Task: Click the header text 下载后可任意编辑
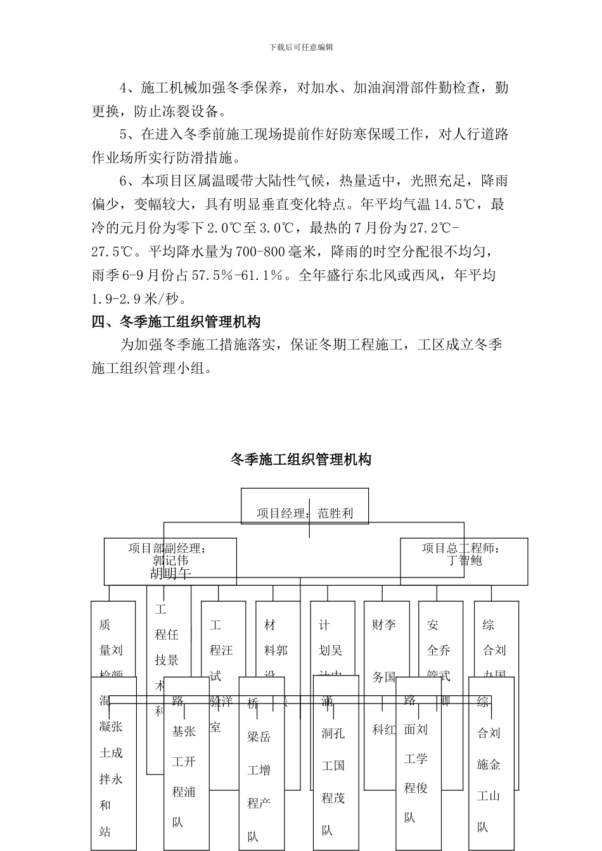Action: (x=301, y=47)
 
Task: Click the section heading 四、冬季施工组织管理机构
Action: (x=176, y=322)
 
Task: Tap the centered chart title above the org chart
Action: (x=301, y=460)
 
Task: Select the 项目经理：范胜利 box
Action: (x=305, y=506)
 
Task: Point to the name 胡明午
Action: (x=170, y=574)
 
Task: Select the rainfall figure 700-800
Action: (x=259, y=251)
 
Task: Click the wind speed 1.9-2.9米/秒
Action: (x=139, y=298)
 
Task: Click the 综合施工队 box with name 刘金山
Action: (x=490, y=766)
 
